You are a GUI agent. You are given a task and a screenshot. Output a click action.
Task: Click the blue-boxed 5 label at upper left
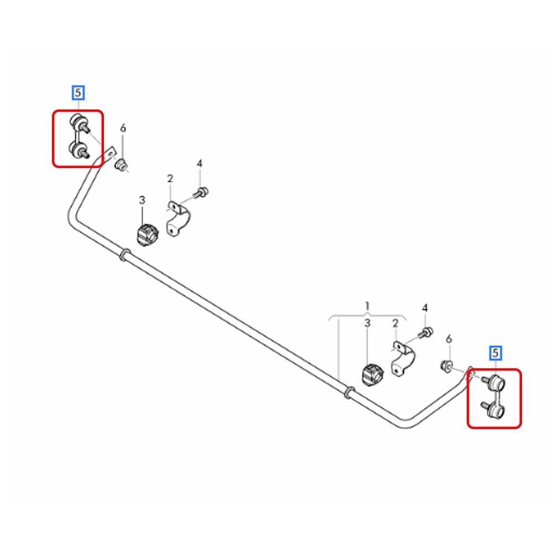point(78,93)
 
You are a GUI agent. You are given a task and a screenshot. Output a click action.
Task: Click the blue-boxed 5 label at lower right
point(495,353)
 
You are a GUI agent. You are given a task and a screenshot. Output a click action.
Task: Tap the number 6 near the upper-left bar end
point(123,128)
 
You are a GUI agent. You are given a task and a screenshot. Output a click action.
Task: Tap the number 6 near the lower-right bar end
point(448,339)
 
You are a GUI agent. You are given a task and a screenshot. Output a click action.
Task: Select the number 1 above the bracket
point(367,306)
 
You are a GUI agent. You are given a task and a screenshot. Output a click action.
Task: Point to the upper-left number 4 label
point(200,164)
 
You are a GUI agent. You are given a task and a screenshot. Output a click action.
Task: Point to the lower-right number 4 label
point(425,308)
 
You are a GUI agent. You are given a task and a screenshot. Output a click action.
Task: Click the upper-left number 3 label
point(142,200)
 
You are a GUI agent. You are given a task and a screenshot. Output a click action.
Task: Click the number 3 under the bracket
point(367,323)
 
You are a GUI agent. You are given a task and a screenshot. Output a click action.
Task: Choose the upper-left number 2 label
point(170,179)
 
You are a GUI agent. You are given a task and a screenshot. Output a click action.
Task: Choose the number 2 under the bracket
point(395,323)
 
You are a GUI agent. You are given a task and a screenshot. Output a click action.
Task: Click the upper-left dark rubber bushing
point(147,234)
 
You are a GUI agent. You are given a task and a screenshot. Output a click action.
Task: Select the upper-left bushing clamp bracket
point(178,220)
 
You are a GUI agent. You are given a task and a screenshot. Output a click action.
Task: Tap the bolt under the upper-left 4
point(201,193)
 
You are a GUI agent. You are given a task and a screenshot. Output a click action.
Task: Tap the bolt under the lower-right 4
point(426,332)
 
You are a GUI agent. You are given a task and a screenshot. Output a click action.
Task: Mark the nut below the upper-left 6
point(122,165)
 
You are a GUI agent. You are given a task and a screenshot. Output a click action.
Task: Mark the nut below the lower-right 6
point(447,366)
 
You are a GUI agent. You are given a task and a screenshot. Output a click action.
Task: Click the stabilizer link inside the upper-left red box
point(79,136)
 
